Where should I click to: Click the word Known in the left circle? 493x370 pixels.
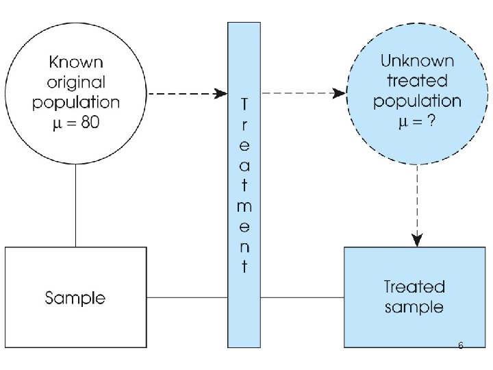point(76,62)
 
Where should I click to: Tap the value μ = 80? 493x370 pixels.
point(76,123)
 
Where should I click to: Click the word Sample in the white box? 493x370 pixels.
point(75,298)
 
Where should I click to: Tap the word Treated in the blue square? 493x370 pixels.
point(414,286)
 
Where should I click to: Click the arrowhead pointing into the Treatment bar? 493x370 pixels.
point(220,93)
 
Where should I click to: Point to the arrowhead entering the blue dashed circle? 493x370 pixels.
point(339,93)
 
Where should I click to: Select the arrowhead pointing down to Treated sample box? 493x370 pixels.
point(417,240)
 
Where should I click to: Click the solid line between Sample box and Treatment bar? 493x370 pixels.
point(187,297)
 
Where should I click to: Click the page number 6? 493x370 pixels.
point(461,346)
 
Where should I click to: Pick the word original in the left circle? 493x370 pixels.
point(76,82)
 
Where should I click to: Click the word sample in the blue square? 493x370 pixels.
point(414,306)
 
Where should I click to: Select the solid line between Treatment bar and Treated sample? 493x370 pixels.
point(302,297)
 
